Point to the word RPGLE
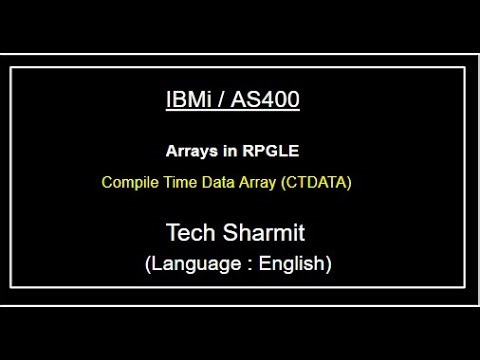273,152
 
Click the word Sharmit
265,234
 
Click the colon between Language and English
244,266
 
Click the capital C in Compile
106,184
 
